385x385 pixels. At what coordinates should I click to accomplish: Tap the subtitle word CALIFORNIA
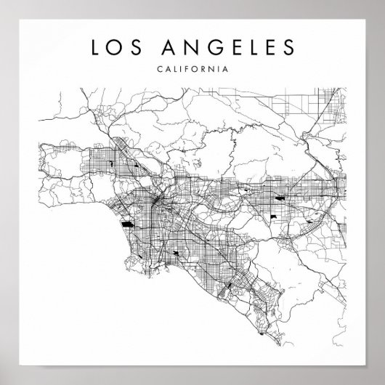[x=192, y=70]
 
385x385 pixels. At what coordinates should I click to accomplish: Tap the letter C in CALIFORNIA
[x=159, y=70]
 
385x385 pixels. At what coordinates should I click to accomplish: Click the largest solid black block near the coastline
[x=128, y=224]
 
